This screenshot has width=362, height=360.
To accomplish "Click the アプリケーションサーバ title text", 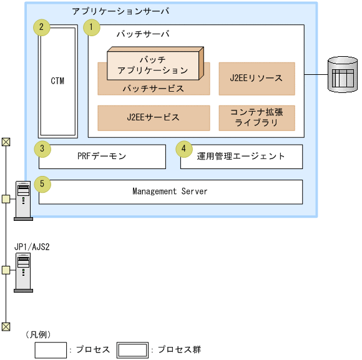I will (x=120, y=12).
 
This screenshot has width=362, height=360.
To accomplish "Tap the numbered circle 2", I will (x=41, y=27).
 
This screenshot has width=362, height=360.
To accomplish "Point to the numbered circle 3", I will (x=41, y=148).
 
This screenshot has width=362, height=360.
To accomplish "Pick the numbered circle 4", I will (x=183, y=148).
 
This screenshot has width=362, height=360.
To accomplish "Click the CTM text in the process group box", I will (x=57, y=81).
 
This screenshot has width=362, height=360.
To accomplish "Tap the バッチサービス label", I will (x=154, y=89).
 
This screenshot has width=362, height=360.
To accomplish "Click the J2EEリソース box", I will (x=257, y=79).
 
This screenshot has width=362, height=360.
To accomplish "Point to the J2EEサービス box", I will (x=154, y=117).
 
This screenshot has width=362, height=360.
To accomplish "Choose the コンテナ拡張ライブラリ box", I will (x=257, y=117).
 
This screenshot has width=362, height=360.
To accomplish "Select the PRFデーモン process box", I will (x=102, y=157).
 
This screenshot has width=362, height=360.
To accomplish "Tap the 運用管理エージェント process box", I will (x=241, y=157).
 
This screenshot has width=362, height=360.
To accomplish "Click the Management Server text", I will (x=170, y=192).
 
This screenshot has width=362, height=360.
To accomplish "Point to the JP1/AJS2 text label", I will (x=32, y=246).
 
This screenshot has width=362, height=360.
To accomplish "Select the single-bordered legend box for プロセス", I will (x=51, y=350).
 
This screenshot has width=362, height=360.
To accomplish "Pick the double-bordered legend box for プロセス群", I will (x=132, y=350).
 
